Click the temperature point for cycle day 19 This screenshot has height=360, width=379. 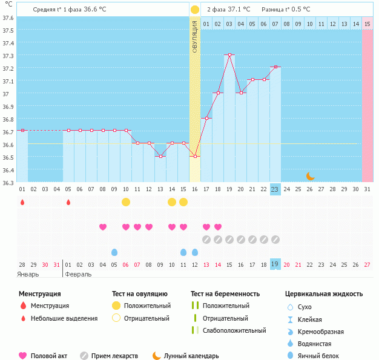pyautogui.click(x=229, y=55)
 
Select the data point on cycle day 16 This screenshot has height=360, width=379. pyautogui.click(x=195, y=156)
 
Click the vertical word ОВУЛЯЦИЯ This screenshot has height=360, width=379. pyautogui.click(x=195, y=36)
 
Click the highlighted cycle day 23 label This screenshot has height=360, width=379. pyautogui.click(x=275, y=189)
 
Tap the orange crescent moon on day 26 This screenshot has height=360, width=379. pyautogui.click(x=310, y=175)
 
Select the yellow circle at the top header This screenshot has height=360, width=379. pyautogui.click(x=195, y=10)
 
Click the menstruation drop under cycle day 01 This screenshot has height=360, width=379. pyautogui.click(x=22, y=202)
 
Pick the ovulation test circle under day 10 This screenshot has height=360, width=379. pyautogui.click(x=126, y=201)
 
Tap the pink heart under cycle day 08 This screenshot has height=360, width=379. pyautogui.click(x=103, y=227)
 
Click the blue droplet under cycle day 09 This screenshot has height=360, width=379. pyautogui.click(x=114, y=252)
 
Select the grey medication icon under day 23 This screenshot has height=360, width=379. pyautogui.click(x=275, y=240)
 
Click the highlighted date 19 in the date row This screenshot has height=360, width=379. pyautogui.click(x=275, y=264)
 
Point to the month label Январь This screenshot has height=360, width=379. pyautogui.click(x=28, y=274)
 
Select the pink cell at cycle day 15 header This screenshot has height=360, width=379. pyautogui.click(x=367, y=24)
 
